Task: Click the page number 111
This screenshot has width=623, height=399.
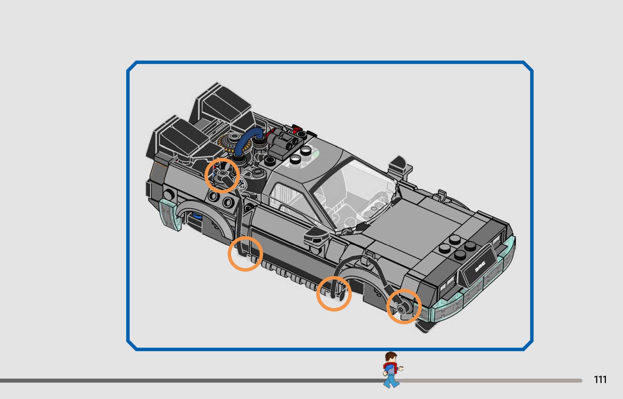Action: click(600, 380)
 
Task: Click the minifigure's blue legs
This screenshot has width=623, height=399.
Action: click(391, 381)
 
